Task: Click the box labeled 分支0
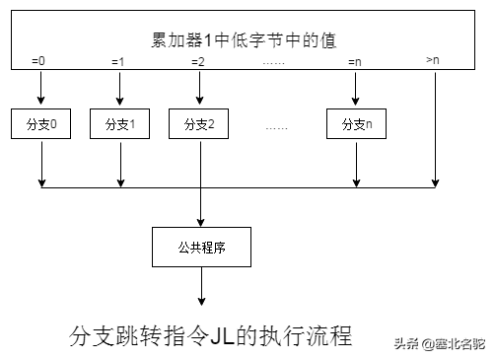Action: click(x=41, y=124)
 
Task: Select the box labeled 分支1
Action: click(x=119, y=124)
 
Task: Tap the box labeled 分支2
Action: click(x=199, y=124)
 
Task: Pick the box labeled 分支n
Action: click(x=356, y=124)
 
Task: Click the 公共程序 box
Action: click(x=200, y=247)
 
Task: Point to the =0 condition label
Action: click(x=38, y=62)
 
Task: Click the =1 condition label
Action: click(x=118, y=62)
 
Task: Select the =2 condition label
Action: click(x=198, y=62)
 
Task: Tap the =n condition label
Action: click(x=356, y=62)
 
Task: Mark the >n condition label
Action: click(x=433, y=61)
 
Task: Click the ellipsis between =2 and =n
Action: click(x=276, y=63)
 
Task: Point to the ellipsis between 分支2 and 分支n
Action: click(x=277, y=126)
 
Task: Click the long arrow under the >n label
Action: click(x=436, y=128)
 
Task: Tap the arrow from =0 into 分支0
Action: click(x=41, y=89)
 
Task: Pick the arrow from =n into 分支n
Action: click(x=356, y=89)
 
